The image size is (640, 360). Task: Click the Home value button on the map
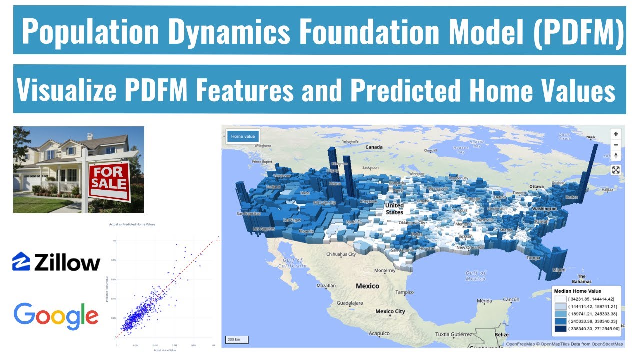pos(243,136)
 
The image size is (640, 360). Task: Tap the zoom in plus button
pos(616,134)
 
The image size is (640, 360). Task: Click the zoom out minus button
pos(616,145)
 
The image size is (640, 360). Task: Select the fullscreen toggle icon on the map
pos(616,170)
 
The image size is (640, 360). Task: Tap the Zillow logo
pos(56,262)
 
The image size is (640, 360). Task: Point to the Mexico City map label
pos(390,311)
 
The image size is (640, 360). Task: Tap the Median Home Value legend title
pos(578,291)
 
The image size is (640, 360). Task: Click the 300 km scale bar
pos(237,340)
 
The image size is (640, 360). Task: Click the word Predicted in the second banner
pos(405,90)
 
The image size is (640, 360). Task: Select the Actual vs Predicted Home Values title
pos(132,224)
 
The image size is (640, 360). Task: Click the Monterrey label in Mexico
pos(385,270)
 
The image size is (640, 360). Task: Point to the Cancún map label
pos(512,300)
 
